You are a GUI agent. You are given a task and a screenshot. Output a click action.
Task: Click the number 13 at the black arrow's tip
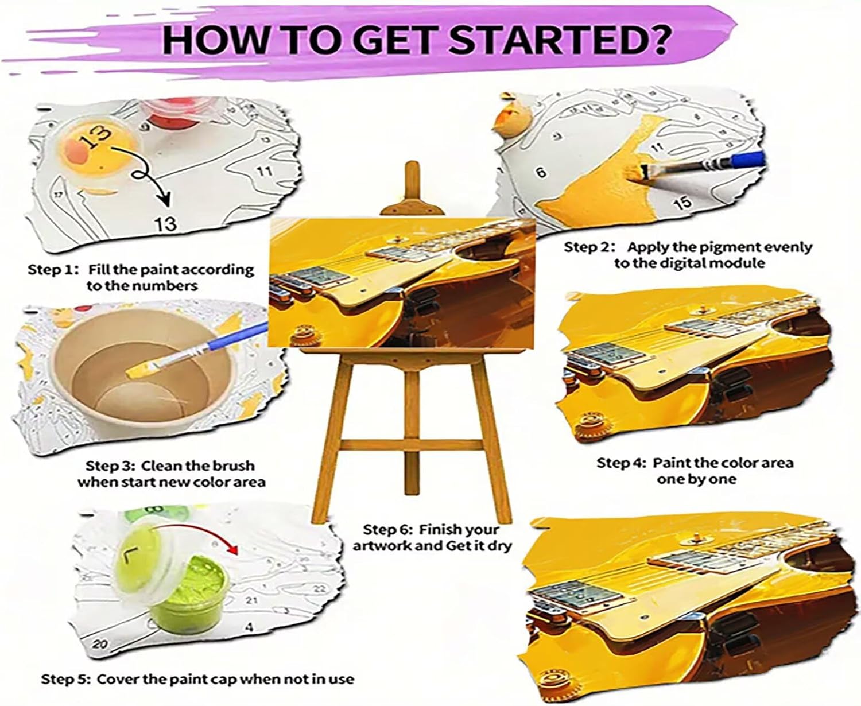166,224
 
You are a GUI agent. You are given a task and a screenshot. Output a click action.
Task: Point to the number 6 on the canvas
541,172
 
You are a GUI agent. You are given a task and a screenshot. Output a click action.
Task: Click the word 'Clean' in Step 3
160,466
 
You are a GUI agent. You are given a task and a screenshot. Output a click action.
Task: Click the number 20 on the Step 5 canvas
100,644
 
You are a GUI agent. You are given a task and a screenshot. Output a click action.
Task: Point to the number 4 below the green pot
250,626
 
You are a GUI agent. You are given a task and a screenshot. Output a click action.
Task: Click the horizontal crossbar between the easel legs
412,445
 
